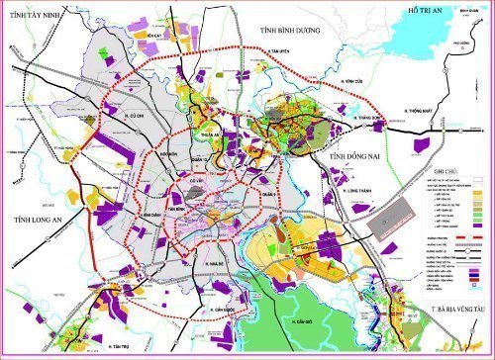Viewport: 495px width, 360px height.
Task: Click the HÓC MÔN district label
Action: (x=168, y=155)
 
